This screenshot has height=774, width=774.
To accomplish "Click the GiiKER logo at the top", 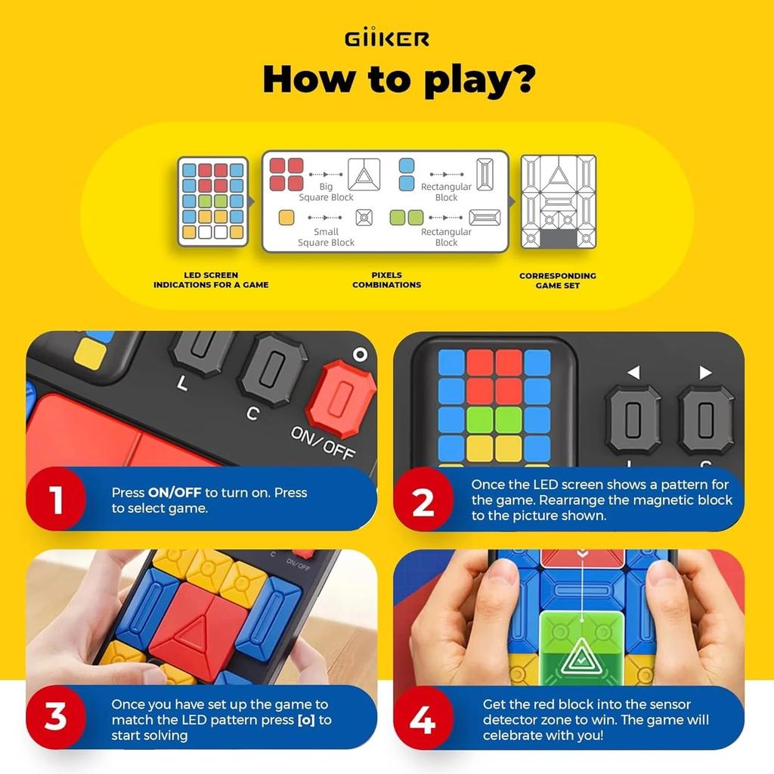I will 387,38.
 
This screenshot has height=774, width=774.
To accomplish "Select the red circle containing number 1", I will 57,500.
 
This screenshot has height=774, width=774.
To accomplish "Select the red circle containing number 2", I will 423,500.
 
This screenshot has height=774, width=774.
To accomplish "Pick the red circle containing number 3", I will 57,717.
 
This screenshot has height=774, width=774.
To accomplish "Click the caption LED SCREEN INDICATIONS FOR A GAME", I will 211,280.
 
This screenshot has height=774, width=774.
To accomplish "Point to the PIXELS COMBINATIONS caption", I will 386,280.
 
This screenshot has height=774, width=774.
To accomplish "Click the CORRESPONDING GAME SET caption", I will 558,280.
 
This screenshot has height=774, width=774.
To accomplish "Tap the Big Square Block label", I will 326,192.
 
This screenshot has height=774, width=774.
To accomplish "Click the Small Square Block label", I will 326,237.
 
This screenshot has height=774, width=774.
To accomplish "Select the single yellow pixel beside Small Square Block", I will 286,218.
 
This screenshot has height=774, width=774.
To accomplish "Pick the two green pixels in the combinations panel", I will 407,218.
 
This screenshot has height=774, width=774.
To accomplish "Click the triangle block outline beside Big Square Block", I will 364,175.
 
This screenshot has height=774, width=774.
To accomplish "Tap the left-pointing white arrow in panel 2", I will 633,372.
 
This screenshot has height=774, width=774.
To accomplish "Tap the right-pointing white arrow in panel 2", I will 705,372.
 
